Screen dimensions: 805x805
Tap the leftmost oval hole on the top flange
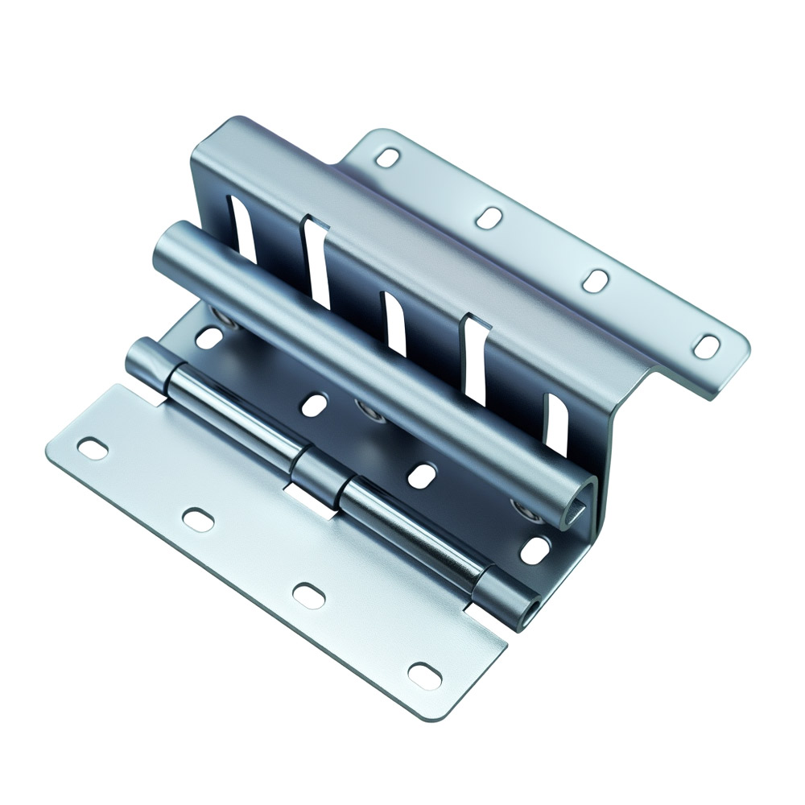(388, 157)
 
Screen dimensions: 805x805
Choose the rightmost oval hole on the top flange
(706, 346)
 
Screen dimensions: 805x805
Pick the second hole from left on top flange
(490, 217)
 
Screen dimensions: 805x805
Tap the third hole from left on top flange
(595, 280)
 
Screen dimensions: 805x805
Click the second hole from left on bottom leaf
(197, 519)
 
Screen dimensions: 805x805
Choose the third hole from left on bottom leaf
(308, 594)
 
